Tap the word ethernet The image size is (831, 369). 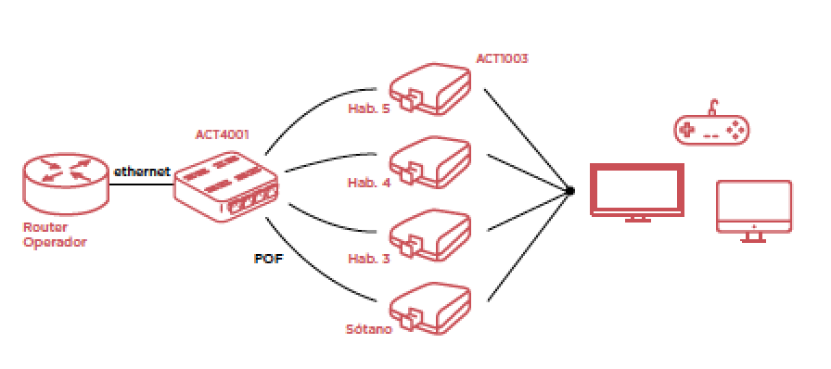141,172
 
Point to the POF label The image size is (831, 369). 268,259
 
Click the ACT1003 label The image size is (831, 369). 502,58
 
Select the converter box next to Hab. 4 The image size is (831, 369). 429,159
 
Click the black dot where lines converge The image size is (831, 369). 569,191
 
